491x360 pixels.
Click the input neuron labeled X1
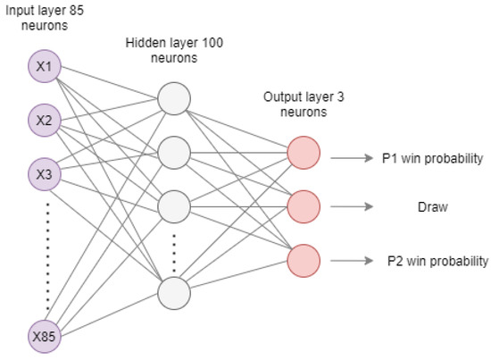click(44, 67)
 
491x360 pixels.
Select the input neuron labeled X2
click(44, 120)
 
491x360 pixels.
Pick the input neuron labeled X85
click(44, 337)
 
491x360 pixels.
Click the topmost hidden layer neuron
click(174, 99)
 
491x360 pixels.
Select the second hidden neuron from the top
click(174, 152)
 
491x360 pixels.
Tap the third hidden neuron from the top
click(174, 205)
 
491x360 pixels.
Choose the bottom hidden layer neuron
click(174, 292)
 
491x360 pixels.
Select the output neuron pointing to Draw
click(303, 207)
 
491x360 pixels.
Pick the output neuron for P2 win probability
click(303, 260)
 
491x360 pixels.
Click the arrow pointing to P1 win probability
click(351, 158)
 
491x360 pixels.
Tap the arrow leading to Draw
click(351, 207)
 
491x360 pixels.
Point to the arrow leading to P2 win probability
click(351, 261)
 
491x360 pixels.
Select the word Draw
click(432, 207)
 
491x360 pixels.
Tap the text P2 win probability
click(437, 261)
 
